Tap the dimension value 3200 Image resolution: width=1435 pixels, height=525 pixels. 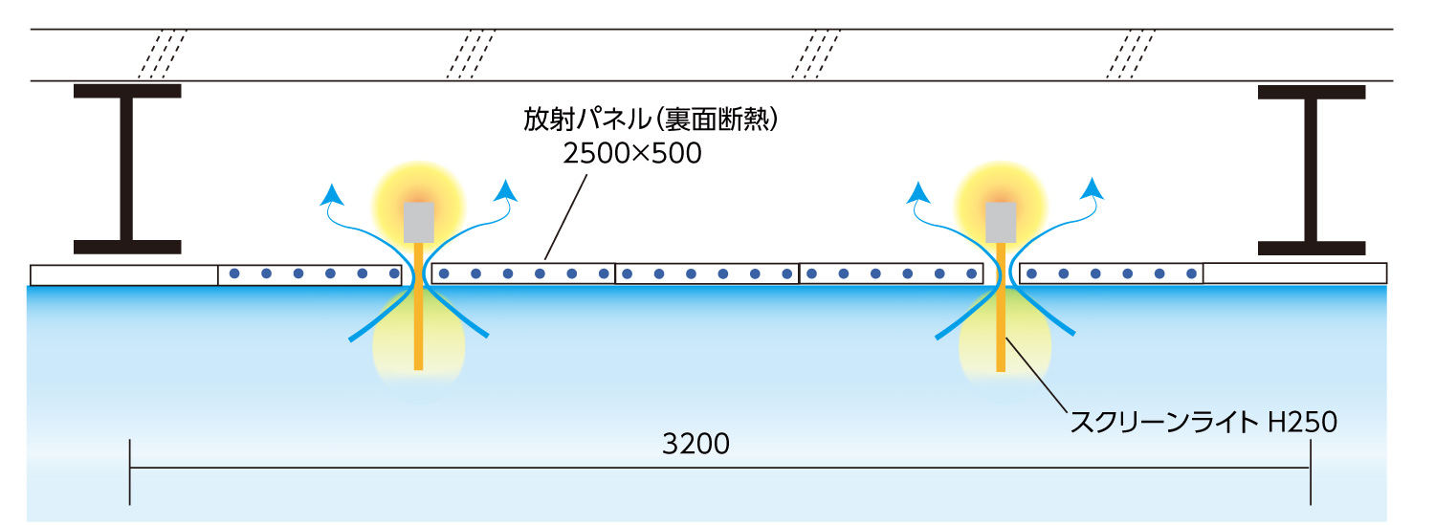pos(695,444)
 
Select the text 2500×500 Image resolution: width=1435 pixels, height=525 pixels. pos(632,153)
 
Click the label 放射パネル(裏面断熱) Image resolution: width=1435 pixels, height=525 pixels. pos(651,120)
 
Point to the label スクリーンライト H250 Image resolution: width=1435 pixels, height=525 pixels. pos(1204,422)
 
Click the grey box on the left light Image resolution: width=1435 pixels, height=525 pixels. pos(418,223)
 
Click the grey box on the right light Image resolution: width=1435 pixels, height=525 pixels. pos(1000,223)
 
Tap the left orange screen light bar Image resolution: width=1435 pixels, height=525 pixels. pos(418,307)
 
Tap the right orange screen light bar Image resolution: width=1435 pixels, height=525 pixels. pos(1000,307)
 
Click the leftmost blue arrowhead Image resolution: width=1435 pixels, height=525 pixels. pos(332,194)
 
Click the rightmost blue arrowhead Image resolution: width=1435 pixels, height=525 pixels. pos(1093,188)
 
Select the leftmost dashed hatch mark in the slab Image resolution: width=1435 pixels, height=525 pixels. pos(162,55)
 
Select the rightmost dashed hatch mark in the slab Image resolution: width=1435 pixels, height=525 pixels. pos(1131,55)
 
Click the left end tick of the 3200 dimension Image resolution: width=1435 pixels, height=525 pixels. pos(130,472)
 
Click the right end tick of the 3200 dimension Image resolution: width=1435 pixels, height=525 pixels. pos(1311,472)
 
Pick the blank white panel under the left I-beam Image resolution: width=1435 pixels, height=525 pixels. pos(124,275)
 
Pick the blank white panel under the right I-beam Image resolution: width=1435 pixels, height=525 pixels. pos(1294,273)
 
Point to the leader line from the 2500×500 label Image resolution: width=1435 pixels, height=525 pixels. pos(565,217)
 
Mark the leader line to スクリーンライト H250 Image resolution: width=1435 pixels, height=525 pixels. pos(1036,375)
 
